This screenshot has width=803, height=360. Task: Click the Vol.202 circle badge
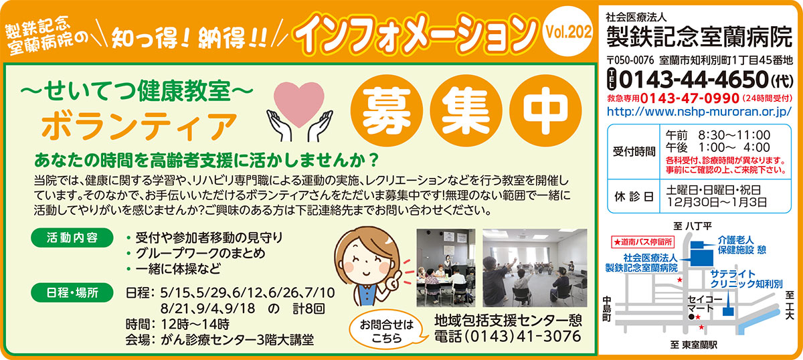[568, 31]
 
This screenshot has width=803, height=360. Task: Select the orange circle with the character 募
[387, 110]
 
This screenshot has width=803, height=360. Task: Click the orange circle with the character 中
[545, 110]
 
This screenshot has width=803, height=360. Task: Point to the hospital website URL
[699, 112]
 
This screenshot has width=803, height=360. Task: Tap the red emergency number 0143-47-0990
[690, 98]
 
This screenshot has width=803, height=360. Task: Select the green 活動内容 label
[72, 238]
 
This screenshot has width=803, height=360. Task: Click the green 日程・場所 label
[72, 292]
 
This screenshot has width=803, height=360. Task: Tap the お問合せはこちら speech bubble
[387, 331]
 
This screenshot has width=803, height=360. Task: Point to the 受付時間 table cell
[634, 152]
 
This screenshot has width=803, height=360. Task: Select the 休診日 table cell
[634, 197]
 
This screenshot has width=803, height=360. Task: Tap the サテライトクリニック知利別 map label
[746, 279]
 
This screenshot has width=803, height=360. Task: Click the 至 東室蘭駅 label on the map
[694, 345]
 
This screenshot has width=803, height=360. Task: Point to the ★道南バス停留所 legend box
[643, 242]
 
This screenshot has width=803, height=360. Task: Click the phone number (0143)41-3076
[508, 336]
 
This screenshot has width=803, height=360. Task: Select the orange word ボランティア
[140, 126]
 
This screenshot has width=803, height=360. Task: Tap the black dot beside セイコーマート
[691, 317]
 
